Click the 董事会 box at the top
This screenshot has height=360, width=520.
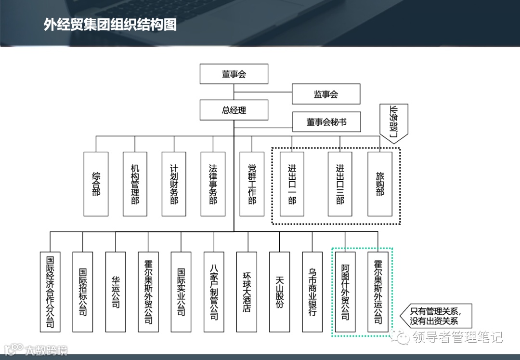[x=234, y=74]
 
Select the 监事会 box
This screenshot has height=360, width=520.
[x=326, y=94]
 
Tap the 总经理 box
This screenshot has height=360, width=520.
[x=234, y=110]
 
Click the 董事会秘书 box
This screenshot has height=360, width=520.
[x=326, y=122]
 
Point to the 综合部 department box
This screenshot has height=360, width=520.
[x=96, y=184]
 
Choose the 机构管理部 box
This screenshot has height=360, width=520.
[x=135, y=184]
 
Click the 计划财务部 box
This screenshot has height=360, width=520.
[x=174, y=184]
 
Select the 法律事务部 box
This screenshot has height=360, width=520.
[x=213, y=184]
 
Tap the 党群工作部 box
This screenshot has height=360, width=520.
[x=252, y=184]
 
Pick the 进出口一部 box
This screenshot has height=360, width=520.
[x=292, y=184]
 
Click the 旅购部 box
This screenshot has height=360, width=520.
[x=379, y=184]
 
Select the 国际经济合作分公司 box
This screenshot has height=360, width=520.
[x=50, y=292]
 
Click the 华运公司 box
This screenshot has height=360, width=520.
[x=115, y=292]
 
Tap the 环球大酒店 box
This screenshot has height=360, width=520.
[x=247, y=292]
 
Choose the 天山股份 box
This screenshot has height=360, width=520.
[x=279, y=292]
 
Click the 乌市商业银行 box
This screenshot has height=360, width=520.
[x=312, y=292]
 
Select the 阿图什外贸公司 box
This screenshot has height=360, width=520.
[x=345, y=292]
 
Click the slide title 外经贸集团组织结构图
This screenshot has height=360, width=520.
[x=110, y=25]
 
